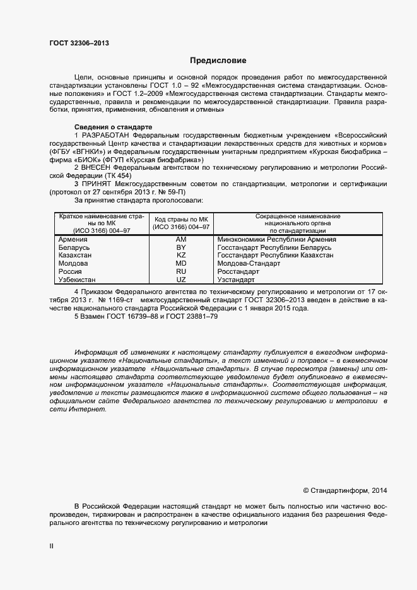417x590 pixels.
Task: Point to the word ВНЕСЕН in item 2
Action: (x=97, y=168)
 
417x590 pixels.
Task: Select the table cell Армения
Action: (x=73, y=240)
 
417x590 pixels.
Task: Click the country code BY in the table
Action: (x=181, y=248)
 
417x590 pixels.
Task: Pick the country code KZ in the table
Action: (x=181, y=256)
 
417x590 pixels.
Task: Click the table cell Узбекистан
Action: (x=77, y=280)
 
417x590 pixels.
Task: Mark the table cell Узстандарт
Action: (x=235, y=280)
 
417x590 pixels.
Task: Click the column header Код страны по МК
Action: (x=181, y=219)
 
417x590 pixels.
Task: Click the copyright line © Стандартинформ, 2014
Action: (x=345, y=490)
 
